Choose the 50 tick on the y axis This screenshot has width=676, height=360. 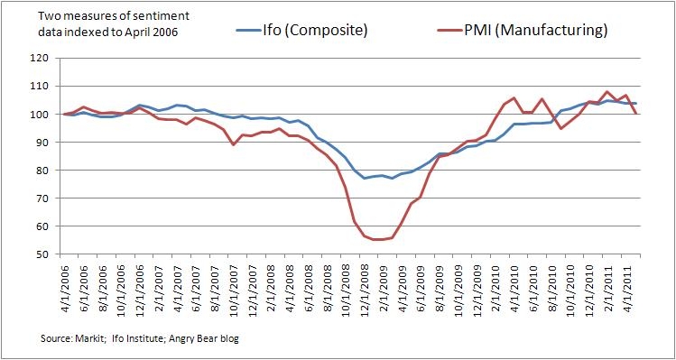click(x=39, y=254)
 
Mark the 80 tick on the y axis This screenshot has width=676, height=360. click(x=39, y=171)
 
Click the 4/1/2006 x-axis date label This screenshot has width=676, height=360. click(x=66, y=285)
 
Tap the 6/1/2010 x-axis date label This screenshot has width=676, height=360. click(x=535, y=285)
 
